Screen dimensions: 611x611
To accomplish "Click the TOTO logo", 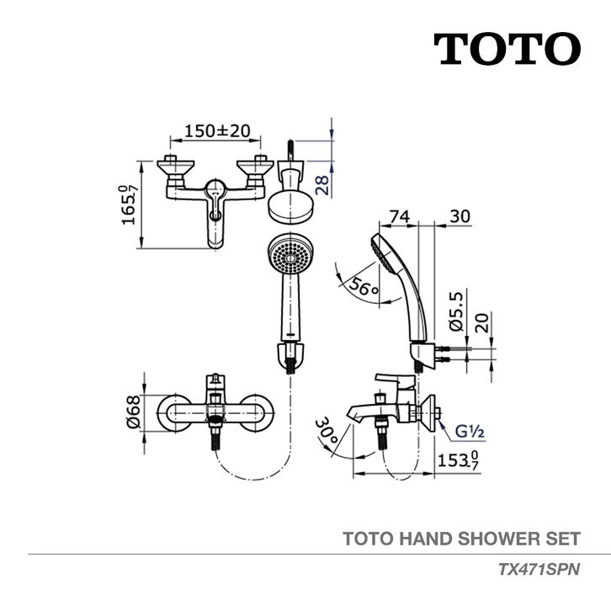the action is click(507, 49).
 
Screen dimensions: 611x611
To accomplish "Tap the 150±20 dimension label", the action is click(206, 131).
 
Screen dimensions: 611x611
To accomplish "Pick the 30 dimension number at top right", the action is click(459, 215).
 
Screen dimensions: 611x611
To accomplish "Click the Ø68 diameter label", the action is click(135, 414).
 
